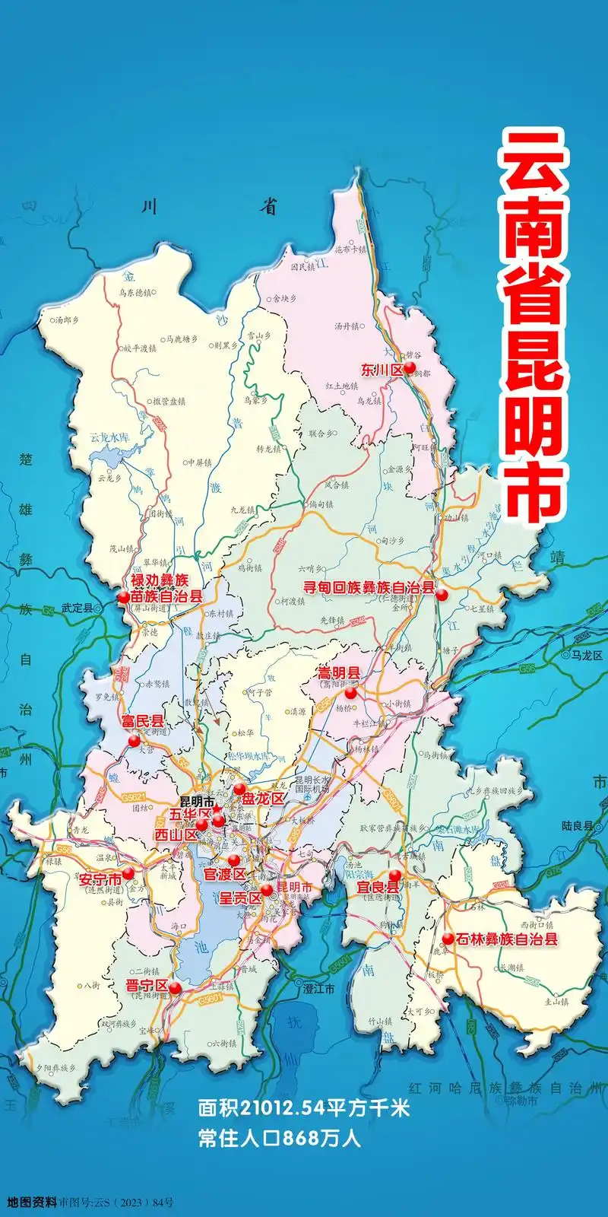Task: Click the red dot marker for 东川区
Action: [x=410, y=368]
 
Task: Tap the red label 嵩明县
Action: [x=339, y=673]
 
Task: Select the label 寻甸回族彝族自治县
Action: [x=369, y=588]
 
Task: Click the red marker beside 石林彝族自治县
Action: [x=448, y=939]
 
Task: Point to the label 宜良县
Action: [x=378, y=888]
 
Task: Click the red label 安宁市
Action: [x=100, y=879]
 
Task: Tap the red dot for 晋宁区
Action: [x=175, y=988]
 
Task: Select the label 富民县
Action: [x=142, y=720]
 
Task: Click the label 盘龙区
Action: [x=263, y=798]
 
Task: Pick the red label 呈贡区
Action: [x=240, y=898]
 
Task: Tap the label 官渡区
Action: [x=224, y=874]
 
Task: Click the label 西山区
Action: [x=176, y=834]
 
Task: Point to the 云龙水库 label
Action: [x=109, y=437]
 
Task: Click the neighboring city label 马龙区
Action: [x=587, y=655]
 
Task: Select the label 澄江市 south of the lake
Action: [x=318, y=989]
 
